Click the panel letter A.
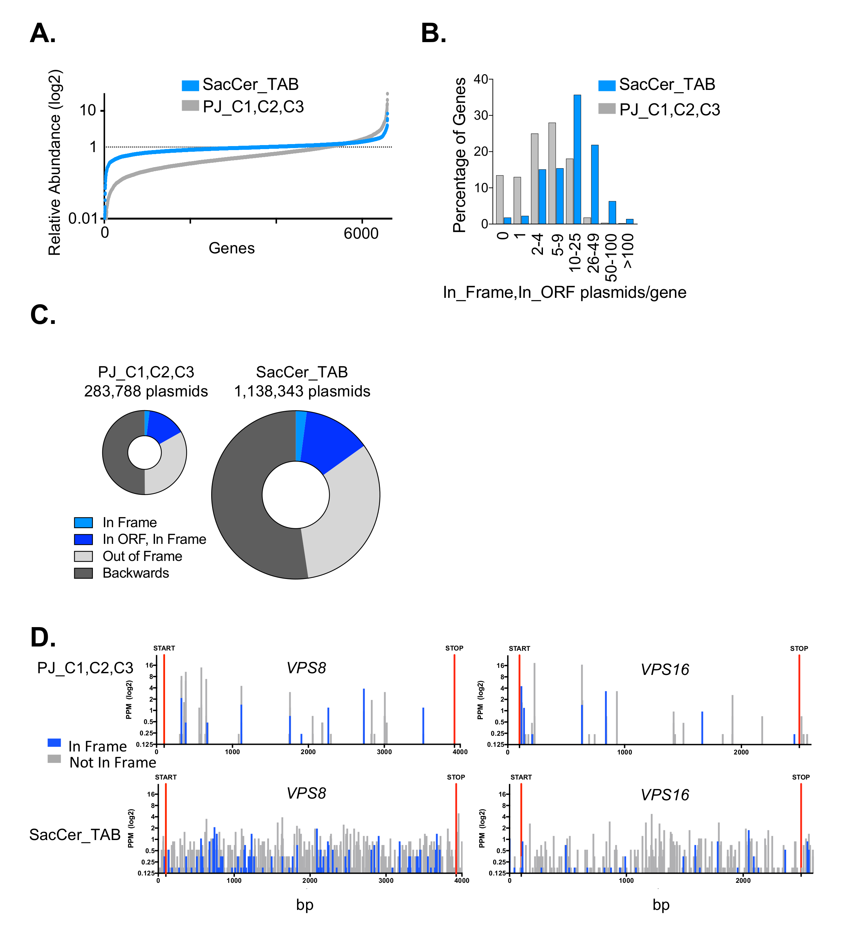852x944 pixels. click(43, 34)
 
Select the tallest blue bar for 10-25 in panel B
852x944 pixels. click(577, 159)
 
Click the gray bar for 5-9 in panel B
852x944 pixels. click(552, 173)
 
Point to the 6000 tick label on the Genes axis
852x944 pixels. click(361, 233)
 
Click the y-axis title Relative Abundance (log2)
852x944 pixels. click(55, 162)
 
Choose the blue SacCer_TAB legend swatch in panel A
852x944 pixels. click(190, 86)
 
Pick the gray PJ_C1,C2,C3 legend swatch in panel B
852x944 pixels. click(607, 109)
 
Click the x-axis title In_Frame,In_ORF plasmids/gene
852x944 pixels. click(564, 292)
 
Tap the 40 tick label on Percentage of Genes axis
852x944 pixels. click(481, 79)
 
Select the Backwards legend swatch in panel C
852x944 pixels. click(83, 573)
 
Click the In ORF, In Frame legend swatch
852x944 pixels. click(83, 540)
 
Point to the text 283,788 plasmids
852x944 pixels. click(146, 391)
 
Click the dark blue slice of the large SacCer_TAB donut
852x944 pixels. click(330, 440)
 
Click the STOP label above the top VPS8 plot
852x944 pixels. click(454, 648)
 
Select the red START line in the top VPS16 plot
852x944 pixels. click(519, 698)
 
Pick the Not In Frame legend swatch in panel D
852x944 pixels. click(54, 758)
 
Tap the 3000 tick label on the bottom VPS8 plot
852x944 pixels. click(386, 880)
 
